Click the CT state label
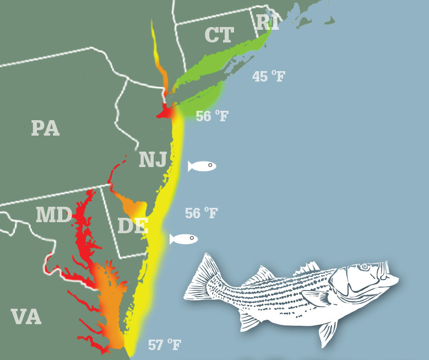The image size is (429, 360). click(219, 35)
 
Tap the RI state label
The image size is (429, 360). click(267, 23)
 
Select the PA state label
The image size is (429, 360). click(45, 128)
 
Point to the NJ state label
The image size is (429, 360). click(153, 159)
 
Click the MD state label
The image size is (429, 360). click(54, 215)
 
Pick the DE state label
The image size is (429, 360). click(133, 225)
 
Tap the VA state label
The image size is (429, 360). click(26, 317)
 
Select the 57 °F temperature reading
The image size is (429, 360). click(164, 346)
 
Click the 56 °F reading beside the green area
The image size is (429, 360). click(212, 116)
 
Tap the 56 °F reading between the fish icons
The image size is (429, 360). click(201, 213)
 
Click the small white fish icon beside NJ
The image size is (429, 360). click(202, 166)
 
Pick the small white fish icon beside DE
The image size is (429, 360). click(183, 239)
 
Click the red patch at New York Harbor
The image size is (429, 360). click(166, 112)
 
